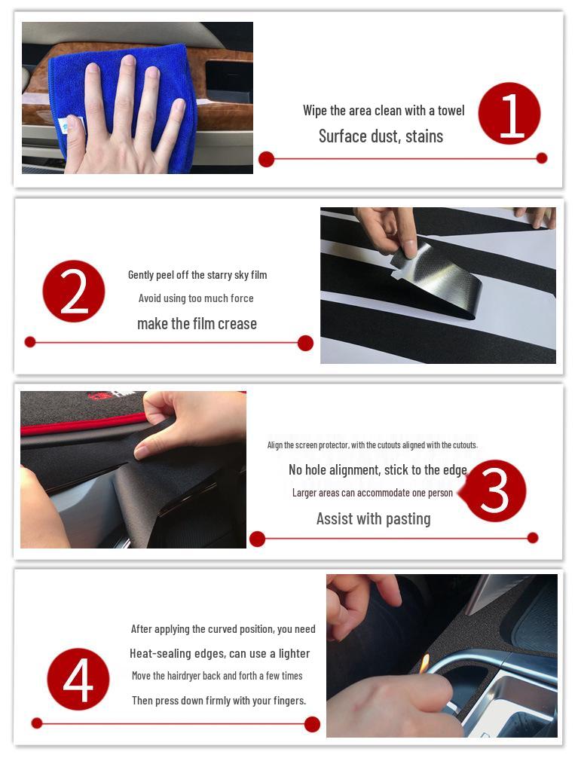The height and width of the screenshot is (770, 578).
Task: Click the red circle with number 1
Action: click(x=509, y=114)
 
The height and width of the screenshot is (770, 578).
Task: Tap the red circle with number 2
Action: click(x=74, y=291)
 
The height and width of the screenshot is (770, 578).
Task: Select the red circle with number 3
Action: click(x=495, y=490)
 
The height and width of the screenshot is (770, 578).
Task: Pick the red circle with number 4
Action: click(x=78, y=679)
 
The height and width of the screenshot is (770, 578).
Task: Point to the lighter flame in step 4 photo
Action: click(x=425, y=663)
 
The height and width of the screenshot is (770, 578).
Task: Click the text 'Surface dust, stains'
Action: click(x=381, y=136)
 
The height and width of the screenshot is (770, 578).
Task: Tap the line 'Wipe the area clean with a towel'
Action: click(x=384, y=111)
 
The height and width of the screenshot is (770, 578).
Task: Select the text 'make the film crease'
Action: click(x=197, y=324)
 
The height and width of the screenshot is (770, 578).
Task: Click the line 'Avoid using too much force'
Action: click(x=196, y=298)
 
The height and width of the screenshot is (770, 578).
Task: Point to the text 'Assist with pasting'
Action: click(x=373, y=519)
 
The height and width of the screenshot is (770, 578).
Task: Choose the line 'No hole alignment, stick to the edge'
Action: click(x=378, y=470)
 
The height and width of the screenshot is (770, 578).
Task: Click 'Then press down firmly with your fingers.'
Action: click(x=219, y=701)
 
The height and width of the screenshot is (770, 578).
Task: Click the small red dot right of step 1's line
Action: click(x=541, y=158)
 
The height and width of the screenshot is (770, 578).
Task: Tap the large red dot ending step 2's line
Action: click(x=305, y=343)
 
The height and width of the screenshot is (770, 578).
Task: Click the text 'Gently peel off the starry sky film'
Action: click(x=197, y=275)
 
